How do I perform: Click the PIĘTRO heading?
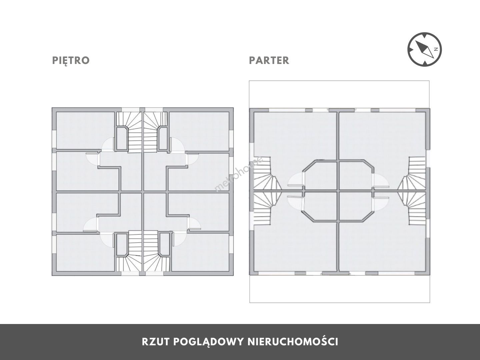click(x=71, y=61)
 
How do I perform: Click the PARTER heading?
click(x=269, y=61)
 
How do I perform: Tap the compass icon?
click(x=424, y=49)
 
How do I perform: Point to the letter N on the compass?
click(x=436, y=49)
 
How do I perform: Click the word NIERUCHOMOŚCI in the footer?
click(x=293, y=342)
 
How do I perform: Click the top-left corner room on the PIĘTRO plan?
click(x=86, y=130)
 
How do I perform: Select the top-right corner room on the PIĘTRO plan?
click(x=199, y=131)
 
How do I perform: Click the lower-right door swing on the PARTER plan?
click(x=381, y=204)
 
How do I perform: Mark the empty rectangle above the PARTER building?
click(x=339, y=94)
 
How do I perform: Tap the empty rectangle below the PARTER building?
click(x=340, y=289)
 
